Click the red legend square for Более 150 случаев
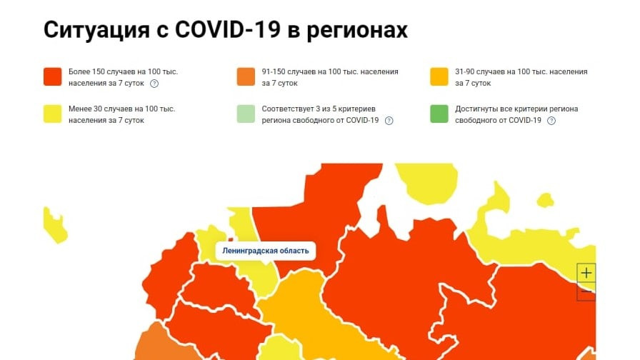[x=52, y=77]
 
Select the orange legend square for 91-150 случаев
[x=245, y=77]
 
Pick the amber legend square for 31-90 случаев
[x=439, y=77]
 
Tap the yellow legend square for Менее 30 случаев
[x=52, y=114]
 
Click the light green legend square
[x=245, y=114]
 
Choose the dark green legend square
[x=439, y=114]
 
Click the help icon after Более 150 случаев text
[x=154, y=84]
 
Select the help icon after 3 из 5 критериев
[x=389, y=121]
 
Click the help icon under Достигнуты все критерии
[x=551, y=121]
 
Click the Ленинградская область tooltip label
[x=266, y=251]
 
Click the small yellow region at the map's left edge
[x=54, y=224]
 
